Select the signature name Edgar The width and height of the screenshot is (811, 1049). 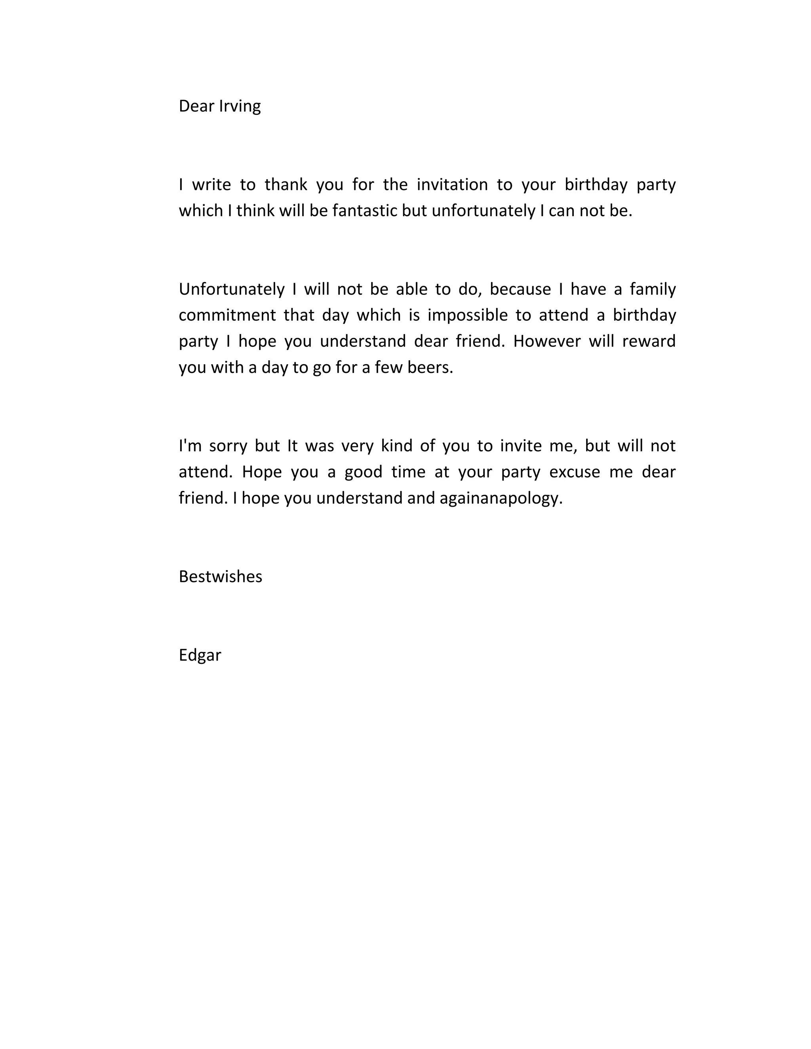point(200,655)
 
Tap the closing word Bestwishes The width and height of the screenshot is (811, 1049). point(221,576)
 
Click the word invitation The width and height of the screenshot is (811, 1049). point(452,184)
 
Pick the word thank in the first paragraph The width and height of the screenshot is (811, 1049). point(286,184)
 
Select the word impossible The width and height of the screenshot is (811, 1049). point(468,315)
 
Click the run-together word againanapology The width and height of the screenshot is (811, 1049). point(501,498)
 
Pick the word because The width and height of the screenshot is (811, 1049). point(520,289)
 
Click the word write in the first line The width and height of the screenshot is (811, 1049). point(211,184)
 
